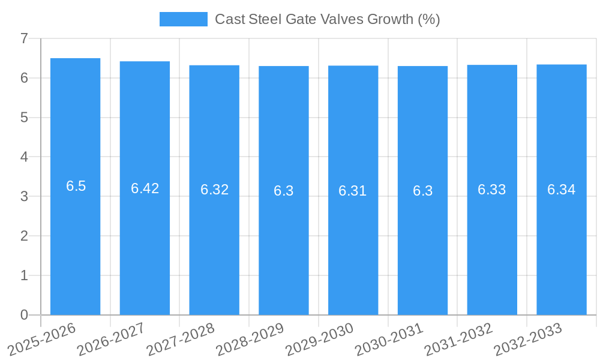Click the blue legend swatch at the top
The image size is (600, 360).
pyautogui.click(x=183, y=19)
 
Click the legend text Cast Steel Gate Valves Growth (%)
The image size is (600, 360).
pyautogui.click(x=327, y=19)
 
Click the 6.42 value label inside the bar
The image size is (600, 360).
pyautogui.click(x=145, y=188)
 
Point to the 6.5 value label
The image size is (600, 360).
pyautogui.click(x=76, y=186)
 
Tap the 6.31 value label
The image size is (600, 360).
pyautogui.click(x=353, y=191)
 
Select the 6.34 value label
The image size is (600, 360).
pyautogui.click(x=561, y=190)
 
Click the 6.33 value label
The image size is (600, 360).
pyautogui.click(x=492, y=190)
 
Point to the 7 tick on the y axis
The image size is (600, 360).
pyautogui.click(x=24, y=38)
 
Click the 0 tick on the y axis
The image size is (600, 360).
pyautogui.click(x=24, y=315)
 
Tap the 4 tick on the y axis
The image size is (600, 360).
pyautogui.click(x=24, y=157)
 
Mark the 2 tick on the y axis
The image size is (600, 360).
pyautogui.click(x=24, y=236)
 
